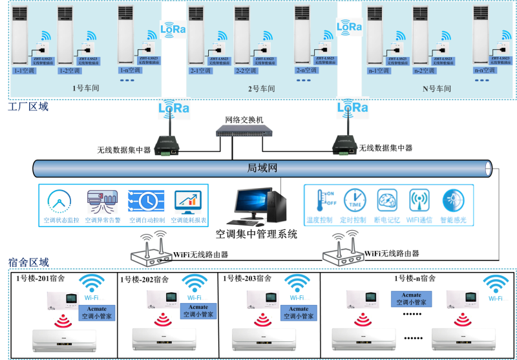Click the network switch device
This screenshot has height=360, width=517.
pyautogui.click(x=244, y=131)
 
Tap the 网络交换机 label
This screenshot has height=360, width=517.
pyautogui.click(x=244, y=120)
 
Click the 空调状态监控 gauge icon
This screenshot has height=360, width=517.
pyautogui.click(x=59, y=202)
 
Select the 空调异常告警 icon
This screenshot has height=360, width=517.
pyautogui.click(x=101, y=202)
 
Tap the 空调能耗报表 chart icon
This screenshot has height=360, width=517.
pyautogui.click(x=188, y=202)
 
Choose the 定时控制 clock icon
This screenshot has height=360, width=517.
pyautogui.click(x=355, y=200)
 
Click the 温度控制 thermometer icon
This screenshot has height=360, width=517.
pyautogui.click(x=321, y=200)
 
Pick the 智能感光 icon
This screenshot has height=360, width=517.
pyautogui.click(x=452, y=200)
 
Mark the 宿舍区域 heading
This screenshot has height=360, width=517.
pyautogui.click(x=28, y=262)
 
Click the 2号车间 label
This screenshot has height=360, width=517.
pyautogui.click(x=262, y=89)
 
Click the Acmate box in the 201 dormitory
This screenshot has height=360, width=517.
pyautogui.click(x=97, y=312)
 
